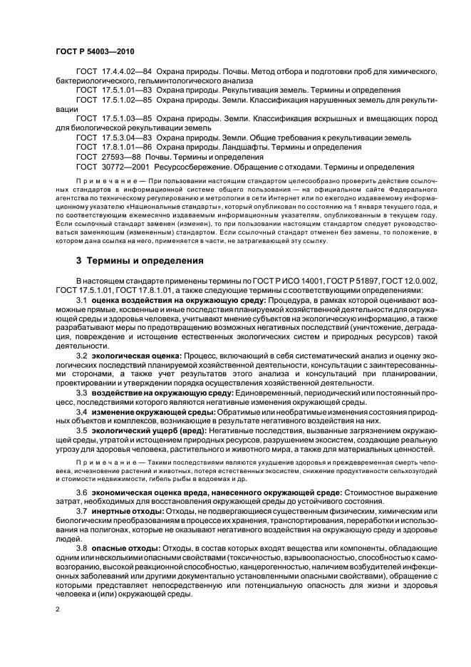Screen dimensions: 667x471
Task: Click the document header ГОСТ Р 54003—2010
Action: pos(96,53)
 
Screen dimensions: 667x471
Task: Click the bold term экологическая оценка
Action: pos(137,354)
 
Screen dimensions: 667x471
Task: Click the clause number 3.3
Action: pos(82,393)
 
